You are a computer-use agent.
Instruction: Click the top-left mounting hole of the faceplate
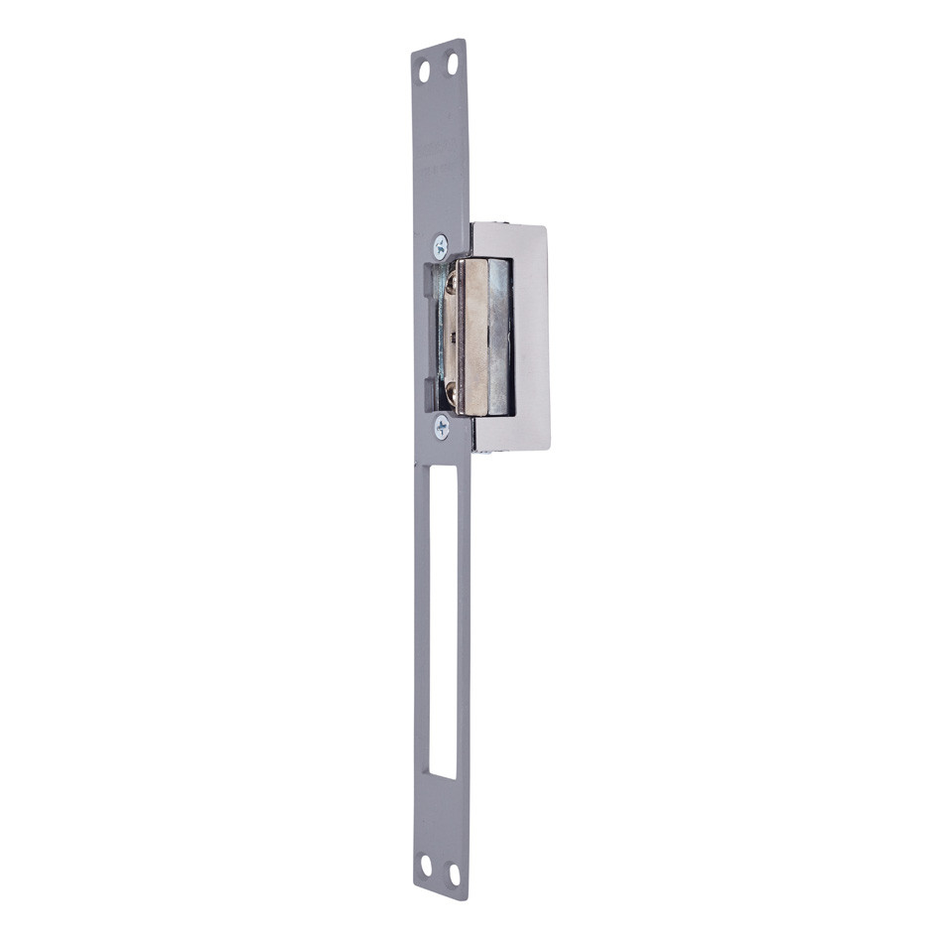[424, 71]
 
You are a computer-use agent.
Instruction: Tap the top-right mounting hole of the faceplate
[452, 65]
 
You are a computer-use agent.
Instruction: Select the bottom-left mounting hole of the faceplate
[426, 866]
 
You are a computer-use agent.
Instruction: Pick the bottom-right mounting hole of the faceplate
[455, 874]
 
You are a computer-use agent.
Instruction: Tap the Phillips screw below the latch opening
[442, 427]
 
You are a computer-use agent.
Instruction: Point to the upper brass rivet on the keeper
[453, 284]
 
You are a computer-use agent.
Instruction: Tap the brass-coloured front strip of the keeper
[468, 337]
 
